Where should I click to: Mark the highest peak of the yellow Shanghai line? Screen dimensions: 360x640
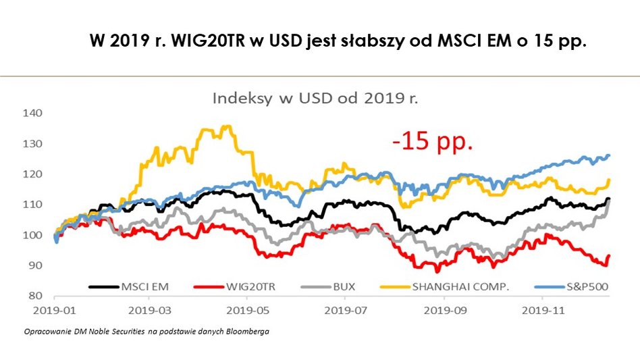click(226, 126)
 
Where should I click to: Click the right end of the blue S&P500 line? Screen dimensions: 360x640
click(609, 155)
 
